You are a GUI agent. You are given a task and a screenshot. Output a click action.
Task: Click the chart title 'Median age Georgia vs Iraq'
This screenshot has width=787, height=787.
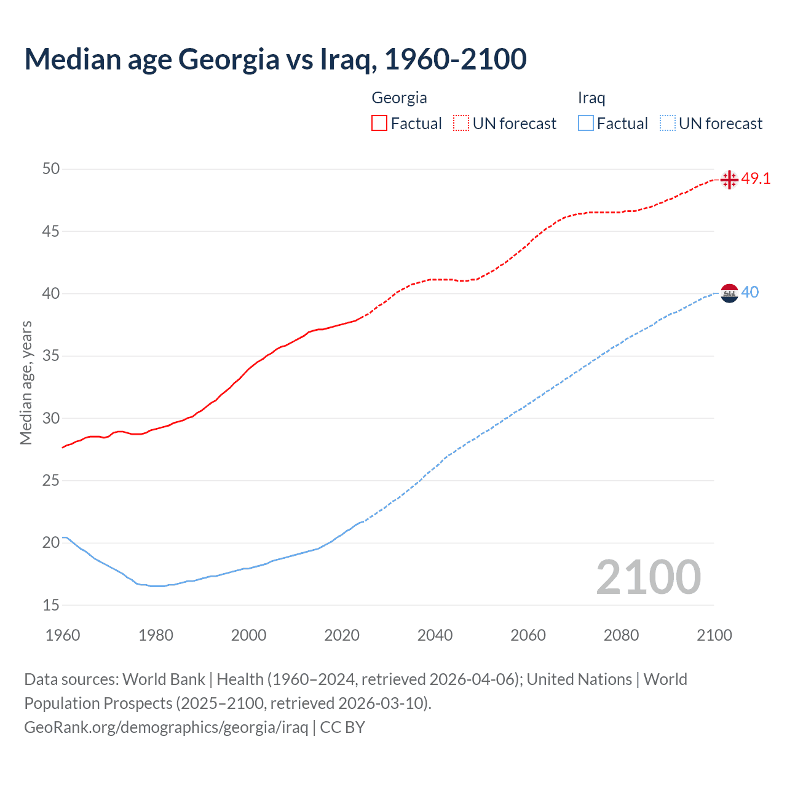(275, 60)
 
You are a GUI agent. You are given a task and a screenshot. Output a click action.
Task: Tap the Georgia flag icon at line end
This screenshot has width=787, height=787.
(729, 180)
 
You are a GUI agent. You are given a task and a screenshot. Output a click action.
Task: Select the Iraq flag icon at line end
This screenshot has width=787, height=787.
(729, 293)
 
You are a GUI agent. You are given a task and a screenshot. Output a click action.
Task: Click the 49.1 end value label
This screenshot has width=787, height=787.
(756, 179)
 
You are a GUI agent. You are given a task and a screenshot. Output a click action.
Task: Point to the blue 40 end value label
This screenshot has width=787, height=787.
(749, 293)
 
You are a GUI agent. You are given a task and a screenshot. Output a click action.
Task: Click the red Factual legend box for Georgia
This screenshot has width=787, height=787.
(379, 124)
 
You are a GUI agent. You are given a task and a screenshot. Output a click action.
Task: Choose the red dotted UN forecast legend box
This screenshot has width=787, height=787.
(461, 124)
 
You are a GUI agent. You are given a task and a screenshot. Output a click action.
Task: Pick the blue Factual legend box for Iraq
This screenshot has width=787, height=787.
(585, 124)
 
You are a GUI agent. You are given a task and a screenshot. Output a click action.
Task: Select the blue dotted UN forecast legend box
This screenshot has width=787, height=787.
(667, 124)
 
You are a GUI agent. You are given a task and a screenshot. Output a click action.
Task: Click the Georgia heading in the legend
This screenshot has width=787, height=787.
(399, 98)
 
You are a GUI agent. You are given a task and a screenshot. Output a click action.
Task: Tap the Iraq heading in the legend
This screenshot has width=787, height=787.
(591, 98)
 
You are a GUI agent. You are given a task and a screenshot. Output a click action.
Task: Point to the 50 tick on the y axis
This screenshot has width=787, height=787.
(51, 169)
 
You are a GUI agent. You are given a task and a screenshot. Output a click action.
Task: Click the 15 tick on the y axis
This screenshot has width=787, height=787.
(51, 606)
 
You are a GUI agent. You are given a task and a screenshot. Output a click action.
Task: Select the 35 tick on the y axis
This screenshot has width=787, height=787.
(51, 356)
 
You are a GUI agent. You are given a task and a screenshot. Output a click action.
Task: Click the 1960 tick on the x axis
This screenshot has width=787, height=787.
(63, 635)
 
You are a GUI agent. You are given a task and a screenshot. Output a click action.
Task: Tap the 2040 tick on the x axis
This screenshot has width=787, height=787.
(435, 635)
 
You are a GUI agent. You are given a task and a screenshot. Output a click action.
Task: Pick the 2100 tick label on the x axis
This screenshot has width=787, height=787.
(714, 635)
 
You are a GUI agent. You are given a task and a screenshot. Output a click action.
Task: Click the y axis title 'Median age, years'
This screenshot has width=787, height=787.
(26, 382)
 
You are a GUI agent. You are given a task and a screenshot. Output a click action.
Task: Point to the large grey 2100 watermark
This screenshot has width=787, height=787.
(648, 577)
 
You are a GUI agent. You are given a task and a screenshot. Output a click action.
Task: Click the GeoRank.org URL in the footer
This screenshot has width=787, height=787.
(166, 727)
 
